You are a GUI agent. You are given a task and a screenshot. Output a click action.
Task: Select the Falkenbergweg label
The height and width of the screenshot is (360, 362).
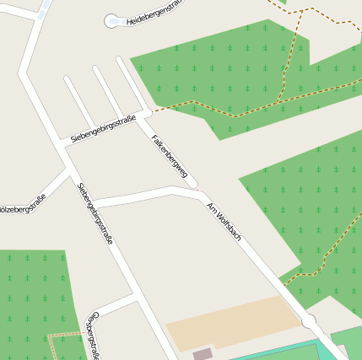pyautogui.click(x=169, y=155)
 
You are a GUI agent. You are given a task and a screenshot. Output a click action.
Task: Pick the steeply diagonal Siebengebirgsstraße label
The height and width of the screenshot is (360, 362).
pyautogui.click(x=95, y=214)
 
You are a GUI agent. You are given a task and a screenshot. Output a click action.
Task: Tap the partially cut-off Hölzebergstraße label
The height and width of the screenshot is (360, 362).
pyautogui.click(x=22, y=204)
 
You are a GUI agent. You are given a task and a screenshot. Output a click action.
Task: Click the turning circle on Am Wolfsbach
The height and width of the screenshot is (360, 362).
pyautogui.click(x=309, y=321)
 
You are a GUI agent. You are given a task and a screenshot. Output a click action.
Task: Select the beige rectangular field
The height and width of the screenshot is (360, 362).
pyautogui.click(x=232, y=323)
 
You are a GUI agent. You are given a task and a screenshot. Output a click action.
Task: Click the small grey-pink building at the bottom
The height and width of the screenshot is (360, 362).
pyautogui.click(x=203, y=354)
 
